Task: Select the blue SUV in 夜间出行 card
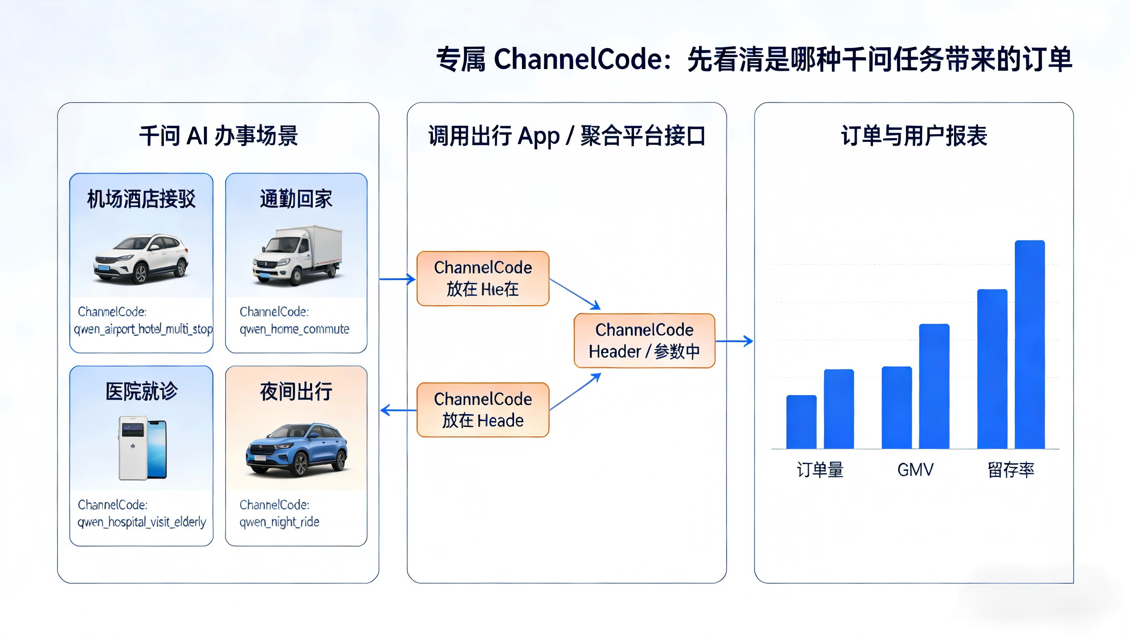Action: (x=296, y=450)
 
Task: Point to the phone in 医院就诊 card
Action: (x=142, y=447)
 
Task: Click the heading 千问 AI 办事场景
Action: (x=219, y=136)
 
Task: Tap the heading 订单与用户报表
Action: (x=914, y=136)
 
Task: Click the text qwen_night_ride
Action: (x=279, y=522)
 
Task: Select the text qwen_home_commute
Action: (x=294, y=329)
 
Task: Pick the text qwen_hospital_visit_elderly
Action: (x=142, y=522)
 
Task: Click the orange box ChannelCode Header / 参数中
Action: (x=644, y=341)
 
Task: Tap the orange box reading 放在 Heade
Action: (x=483, y=410)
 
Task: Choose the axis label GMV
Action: (x=915, y=470)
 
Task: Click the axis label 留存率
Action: (x=1011, y=470)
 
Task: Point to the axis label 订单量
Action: (x=820, y=470)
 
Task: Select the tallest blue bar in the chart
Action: (x=1029, y=344)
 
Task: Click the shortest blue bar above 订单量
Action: (x=801, y=422)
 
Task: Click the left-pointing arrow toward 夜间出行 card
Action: (x=397, y=410)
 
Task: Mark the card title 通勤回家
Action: (x=296, y=199)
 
